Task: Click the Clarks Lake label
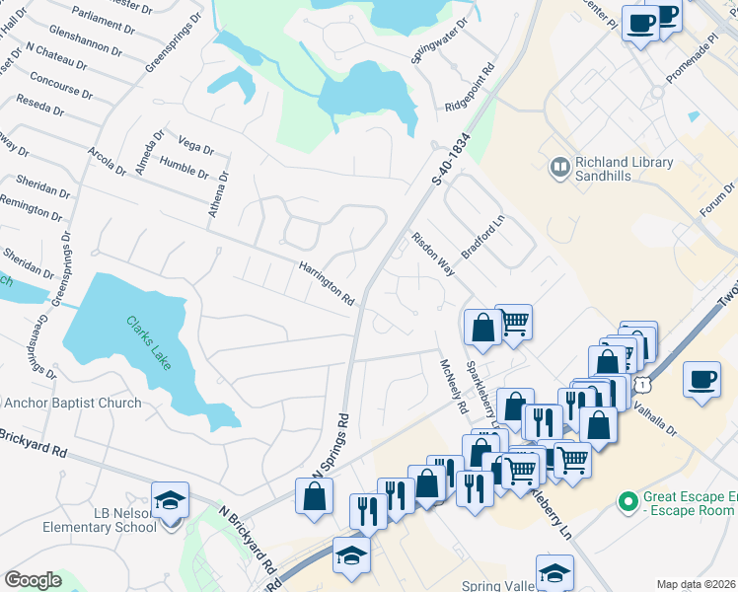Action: [147, 341]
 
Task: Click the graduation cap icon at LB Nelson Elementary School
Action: [170, 499]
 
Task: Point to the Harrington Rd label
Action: [327, 281]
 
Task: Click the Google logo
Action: [33, 580]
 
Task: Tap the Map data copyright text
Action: [696, 584]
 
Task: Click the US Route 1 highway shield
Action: [642, 381]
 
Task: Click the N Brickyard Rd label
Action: [246, 542]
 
